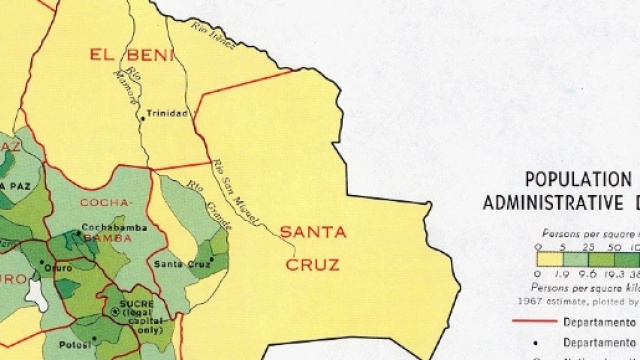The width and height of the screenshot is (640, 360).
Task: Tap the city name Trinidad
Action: click(x=166, y=113)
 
